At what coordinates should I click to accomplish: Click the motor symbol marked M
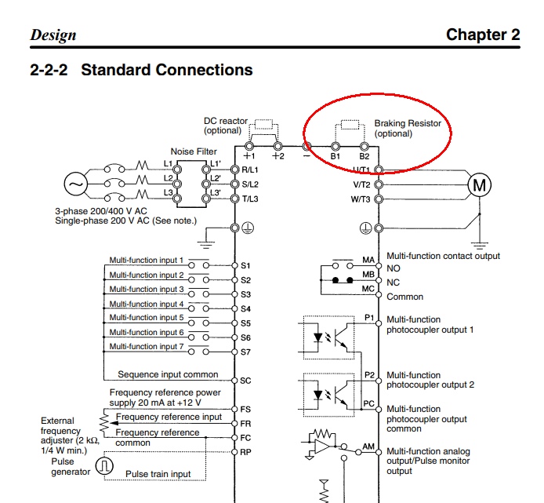[478, 185]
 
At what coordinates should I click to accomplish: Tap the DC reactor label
[225, 126]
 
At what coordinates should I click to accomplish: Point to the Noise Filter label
[194, 151]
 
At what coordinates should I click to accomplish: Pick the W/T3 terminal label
[361, 199]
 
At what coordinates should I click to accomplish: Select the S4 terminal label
[246, 308]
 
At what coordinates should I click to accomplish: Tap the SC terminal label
[246, 381]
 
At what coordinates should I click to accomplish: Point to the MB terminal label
[368, 275]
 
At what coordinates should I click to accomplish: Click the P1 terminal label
[370, 318]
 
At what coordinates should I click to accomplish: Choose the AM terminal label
[368, 446]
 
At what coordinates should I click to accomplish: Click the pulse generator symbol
[105, 466]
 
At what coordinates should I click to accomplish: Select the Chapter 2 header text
[482, 35]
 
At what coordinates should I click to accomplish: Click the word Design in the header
[53, 35]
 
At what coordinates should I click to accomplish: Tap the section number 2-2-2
[49, 70]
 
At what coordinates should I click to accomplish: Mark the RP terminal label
[246, 451]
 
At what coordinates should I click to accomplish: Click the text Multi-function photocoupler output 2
[430, 380]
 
